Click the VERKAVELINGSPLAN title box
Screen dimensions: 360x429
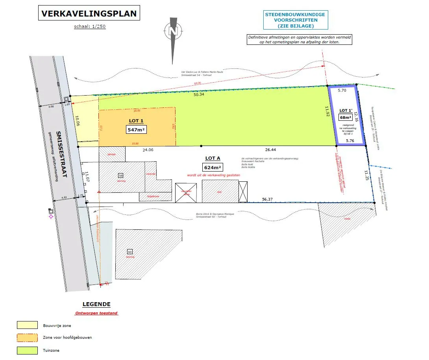[x=89, y=14]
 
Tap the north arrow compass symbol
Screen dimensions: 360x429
[x=172, y=30]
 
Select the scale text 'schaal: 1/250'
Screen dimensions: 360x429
[x=90, y=27]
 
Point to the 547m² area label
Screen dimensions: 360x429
[x=136, y=129]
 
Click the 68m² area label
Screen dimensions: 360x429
[x=345, y=117]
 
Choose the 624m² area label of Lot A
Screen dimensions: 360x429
[x=213, y=166]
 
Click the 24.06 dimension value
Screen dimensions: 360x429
[x=148, y=150]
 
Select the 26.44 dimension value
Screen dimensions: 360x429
[x=271, y=150]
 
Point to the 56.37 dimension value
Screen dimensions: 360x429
[x=268, y=199]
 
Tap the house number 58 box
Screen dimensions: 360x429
[x=121, y=175]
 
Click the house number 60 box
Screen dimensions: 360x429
[x=129, y=251]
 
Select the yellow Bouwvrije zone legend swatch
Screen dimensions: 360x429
[x=27, y=325]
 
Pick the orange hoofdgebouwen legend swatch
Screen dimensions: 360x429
[x=27, y=337]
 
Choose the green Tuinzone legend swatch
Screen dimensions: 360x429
[x=27, y=350]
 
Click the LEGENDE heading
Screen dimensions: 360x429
[x=96, y=304]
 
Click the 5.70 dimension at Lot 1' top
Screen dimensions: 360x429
[x=342, y=90]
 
